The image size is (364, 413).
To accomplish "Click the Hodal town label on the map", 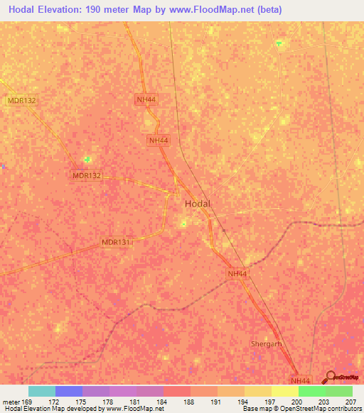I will coord(198,204).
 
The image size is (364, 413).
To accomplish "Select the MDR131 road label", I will coord(116,243).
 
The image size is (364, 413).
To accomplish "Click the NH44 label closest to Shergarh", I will coord(301,380).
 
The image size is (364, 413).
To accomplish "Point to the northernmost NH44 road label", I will coord(146,100).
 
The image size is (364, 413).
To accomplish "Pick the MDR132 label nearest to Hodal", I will coord(87,175).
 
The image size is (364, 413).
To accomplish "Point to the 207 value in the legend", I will coord(351,401).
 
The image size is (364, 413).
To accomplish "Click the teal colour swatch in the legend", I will coord(42,391).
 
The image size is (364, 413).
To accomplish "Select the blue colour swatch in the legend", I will coord(69,391).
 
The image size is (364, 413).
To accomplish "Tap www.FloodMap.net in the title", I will coord(206,10).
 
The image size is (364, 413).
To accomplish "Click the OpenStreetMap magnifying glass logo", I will coord(330,378).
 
